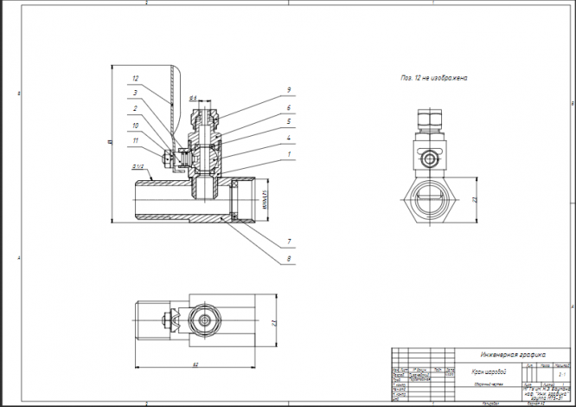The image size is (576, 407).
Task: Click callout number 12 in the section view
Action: point(135,79)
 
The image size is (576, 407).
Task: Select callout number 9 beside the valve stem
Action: point(289,90)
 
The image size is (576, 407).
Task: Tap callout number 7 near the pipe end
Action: point(289,240)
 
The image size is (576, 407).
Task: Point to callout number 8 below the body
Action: point(289,258)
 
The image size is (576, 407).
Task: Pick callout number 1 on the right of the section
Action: point(289,156)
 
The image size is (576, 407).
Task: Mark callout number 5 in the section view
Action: point(289,122)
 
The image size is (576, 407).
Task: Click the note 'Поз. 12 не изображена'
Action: point(433,78)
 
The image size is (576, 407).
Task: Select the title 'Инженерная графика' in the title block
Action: point(513,354)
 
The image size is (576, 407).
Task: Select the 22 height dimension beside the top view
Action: point(273,323)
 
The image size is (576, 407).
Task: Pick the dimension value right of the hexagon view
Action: point(475,200)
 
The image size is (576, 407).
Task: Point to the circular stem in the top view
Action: point(207,322)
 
